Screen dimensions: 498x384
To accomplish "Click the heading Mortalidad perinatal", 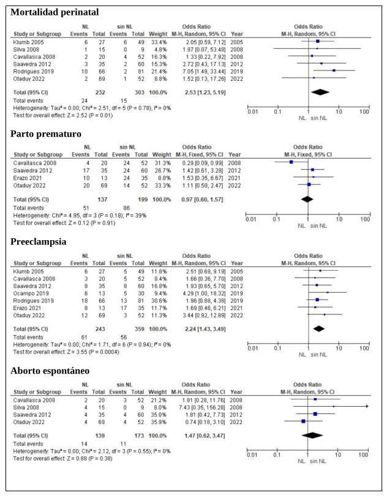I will click(x=55, y=12).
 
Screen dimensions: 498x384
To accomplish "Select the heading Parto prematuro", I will click(x=45, y=134).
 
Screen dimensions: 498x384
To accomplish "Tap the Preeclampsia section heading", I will click(x=39, y=241).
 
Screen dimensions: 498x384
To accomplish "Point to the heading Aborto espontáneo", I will click(x=50, y=371).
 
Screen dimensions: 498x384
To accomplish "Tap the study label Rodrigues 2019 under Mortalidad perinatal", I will click(x=31, y=70).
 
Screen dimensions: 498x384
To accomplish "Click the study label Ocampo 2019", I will click(x=28, y=293).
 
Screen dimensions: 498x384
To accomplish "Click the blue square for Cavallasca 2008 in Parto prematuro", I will click(x=290, y=162).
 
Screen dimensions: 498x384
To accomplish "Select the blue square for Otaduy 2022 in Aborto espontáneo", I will click(x=303, y=421).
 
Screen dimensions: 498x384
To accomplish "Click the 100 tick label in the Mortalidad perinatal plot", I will click(x=364, y=111).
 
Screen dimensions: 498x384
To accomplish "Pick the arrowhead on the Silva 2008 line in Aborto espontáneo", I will click(x=367, y=406).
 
